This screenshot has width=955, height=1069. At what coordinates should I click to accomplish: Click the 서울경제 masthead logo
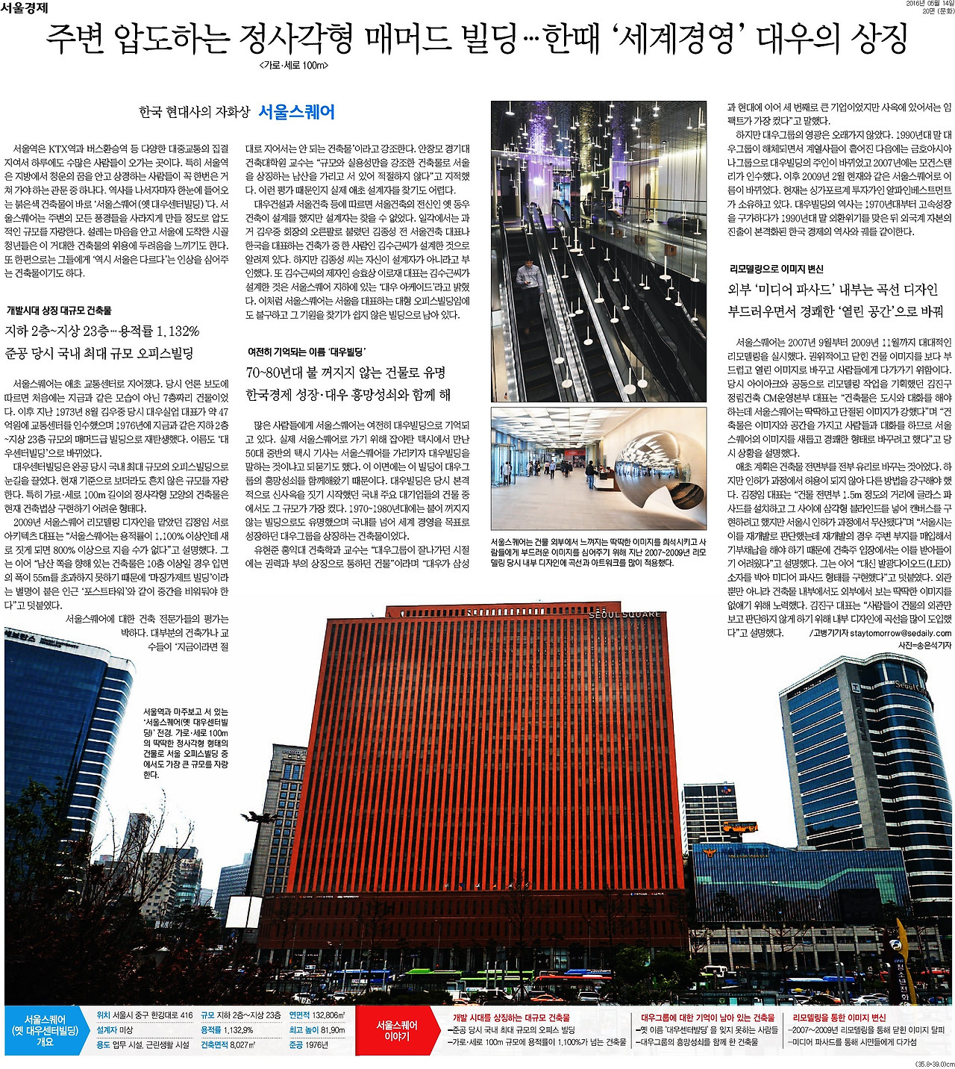click(25, 8)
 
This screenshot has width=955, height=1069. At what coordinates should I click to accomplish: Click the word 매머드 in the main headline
click(420, 40)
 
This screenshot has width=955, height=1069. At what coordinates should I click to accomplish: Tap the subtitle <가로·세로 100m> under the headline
click(295, 66)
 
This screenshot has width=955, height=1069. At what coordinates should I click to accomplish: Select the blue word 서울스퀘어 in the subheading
click(296, 112)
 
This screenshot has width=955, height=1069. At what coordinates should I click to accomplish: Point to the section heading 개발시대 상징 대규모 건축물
click(59, 310)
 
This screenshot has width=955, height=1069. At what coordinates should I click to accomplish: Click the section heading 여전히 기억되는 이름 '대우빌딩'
click(306, 352)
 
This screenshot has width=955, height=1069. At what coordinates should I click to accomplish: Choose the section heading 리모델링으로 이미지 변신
click(777, 269)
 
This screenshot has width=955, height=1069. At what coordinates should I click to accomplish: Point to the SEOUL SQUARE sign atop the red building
click(624, 614)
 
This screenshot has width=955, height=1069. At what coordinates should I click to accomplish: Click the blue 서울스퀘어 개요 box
click(45, 1030)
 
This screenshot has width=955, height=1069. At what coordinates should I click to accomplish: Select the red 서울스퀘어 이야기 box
click(396, 1031)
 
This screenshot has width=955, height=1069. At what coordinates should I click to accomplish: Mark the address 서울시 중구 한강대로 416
click(153, 1015)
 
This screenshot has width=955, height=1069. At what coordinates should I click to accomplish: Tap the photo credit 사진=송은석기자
click(924, 645)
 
